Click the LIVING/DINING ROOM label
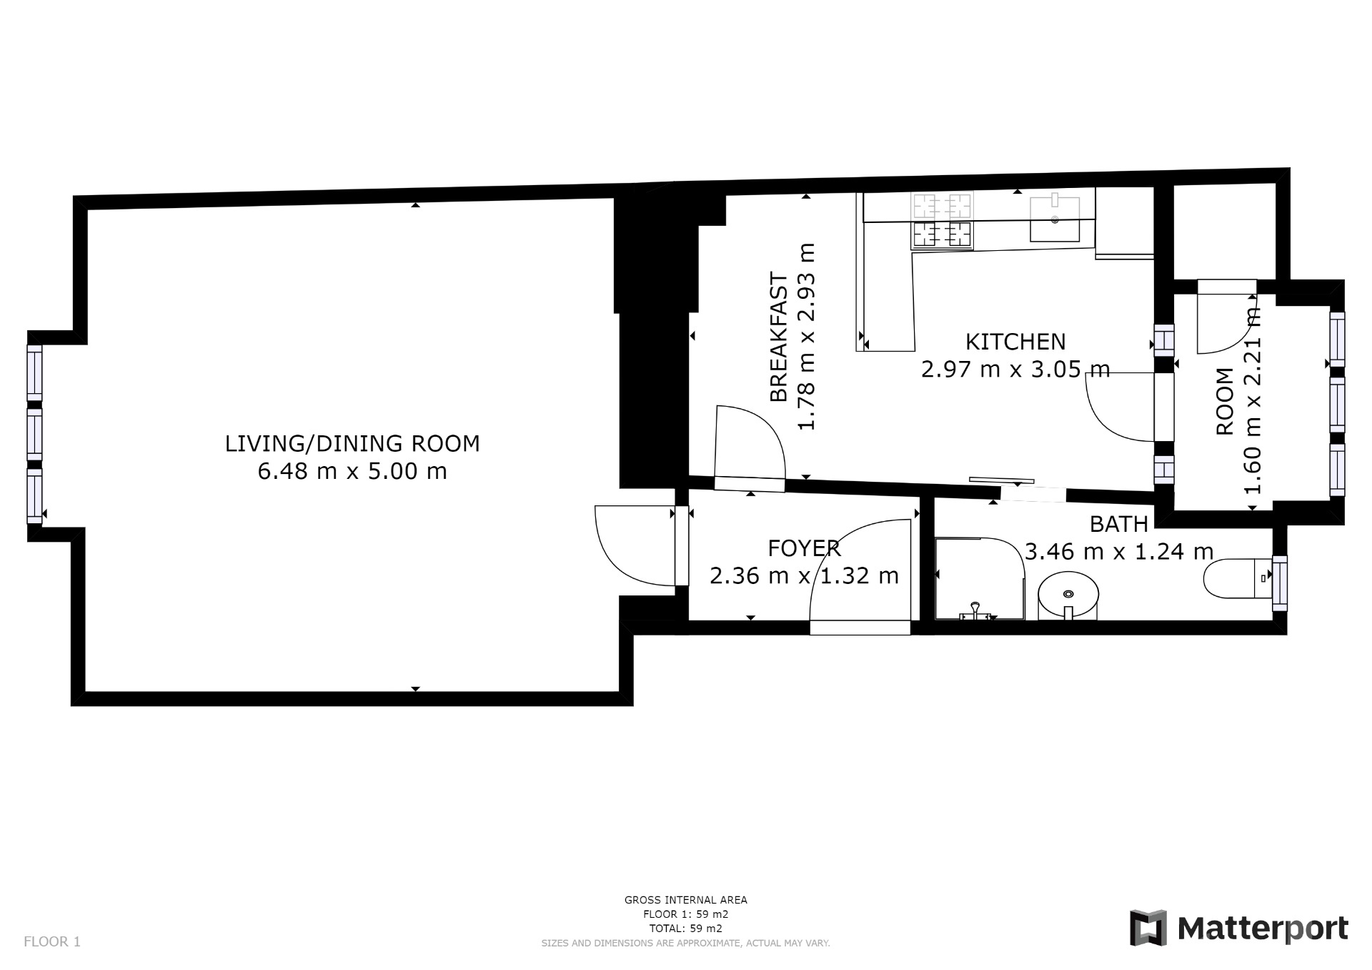(352, 444)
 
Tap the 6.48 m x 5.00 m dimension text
(352, 472)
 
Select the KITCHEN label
(1015, 342)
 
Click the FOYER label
(805, 548)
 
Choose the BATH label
(1119, 524)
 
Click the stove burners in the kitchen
(942, 220)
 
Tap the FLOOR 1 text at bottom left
(52, 941)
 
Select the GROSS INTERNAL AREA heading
(686, 900)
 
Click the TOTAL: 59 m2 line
(686, 929)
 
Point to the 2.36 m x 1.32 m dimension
(805, 575)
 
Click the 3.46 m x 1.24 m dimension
(1119, 551)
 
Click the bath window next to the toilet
(1279, 583)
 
